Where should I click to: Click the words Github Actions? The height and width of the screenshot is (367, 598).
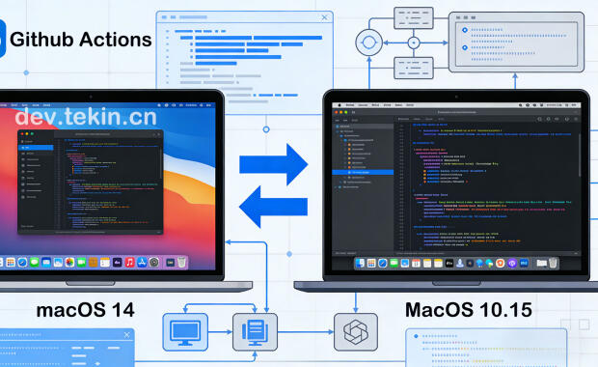coord(81,40)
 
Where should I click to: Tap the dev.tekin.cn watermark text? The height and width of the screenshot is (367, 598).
coord(86,117)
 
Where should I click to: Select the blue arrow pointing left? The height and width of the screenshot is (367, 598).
coord(272,205)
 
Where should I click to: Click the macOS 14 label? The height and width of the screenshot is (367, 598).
coord(85,310)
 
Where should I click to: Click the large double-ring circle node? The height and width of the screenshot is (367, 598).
coord(369,43)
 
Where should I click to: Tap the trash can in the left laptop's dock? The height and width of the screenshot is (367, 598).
coord(181,262)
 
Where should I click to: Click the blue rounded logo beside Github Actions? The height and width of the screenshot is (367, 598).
coord(2,40)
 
